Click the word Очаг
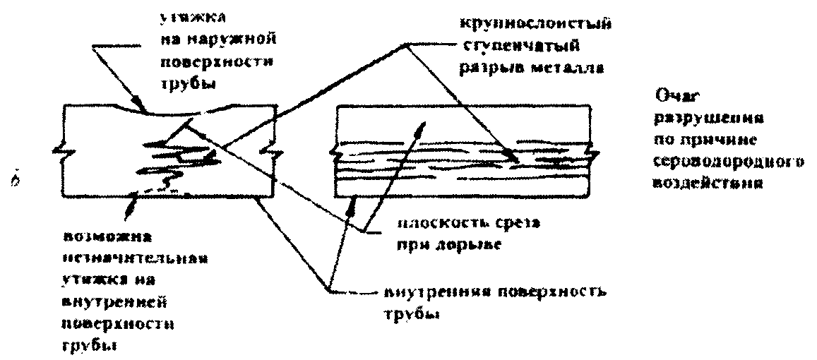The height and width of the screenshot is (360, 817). point(674,95)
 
